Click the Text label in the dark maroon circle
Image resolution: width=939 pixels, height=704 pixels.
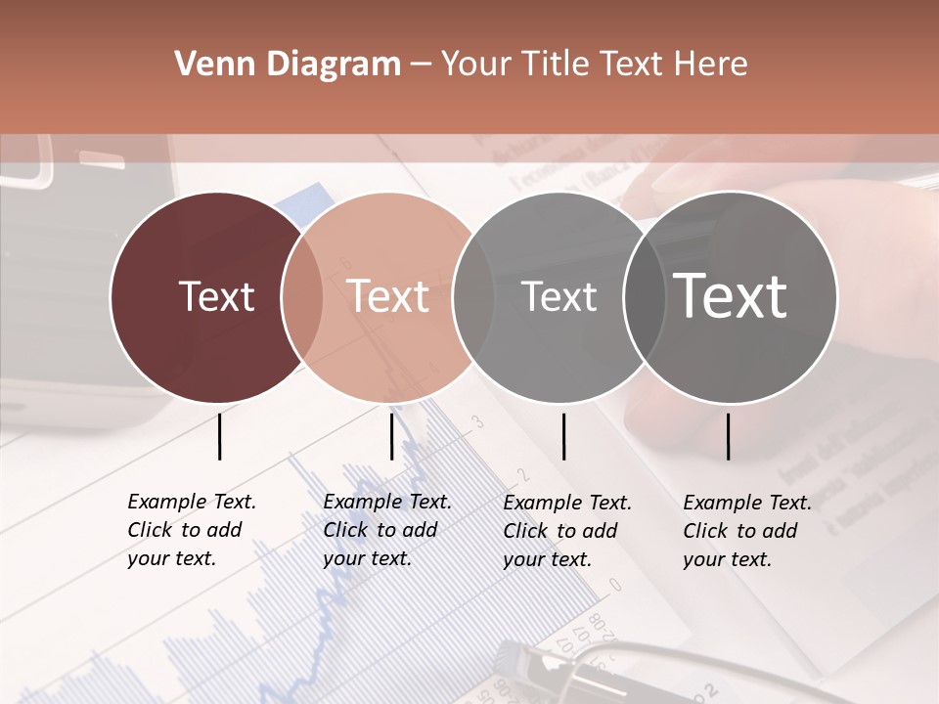pyautogui.click(x=216, y=296)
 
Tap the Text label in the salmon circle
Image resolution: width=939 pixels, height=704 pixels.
pyautogui.click(x=388, y=296)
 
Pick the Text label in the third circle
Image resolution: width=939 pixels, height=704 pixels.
pyautogui.click(x=559, y=296)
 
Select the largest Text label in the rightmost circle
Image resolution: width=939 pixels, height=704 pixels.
pyautogui.click(x=731, y=296)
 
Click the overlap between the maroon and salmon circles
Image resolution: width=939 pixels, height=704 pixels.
pyautogui.click(x=302, y=297)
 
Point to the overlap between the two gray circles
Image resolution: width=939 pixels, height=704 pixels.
pyautogui.click(x=645, y=297)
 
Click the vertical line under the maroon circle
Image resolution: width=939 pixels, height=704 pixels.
pyautogui.click(x=220, y=436)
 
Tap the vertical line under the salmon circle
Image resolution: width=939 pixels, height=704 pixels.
pyautogui.click(x=391, y=436)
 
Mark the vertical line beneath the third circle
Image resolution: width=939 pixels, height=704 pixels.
pyautogui.click(x=563, y=436)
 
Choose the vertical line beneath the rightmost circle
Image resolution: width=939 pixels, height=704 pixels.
pyautogui.click(x=729, y=436)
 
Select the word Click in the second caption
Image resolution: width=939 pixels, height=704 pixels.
pyautogui.click(x=344, y=530)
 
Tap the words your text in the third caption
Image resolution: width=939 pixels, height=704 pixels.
pyautogui.click(x=548, y=559)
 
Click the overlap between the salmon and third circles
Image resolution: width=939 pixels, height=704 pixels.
pyautogui.click(x=472, y=297)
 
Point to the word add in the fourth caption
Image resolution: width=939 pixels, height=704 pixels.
pyautogui.click(x=781, y=531)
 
